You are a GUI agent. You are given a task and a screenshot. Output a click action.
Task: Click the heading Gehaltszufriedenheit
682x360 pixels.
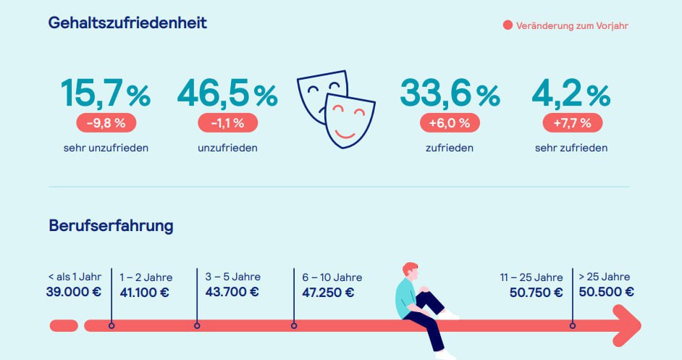(x=127, y=23)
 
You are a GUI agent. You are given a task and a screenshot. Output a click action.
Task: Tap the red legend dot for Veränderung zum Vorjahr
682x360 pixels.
(x=508, y=26)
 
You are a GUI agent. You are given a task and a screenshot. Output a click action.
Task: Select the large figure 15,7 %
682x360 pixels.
(x=106, y=93)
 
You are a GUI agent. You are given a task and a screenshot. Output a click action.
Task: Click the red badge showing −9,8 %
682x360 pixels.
(x=106, y=123)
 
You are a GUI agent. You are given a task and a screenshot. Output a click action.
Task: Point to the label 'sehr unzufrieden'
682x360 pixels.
(x=106, y=148)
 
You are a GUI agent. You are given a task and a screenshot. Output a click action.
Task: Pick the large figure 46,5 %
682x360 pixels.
(x=227, y=93)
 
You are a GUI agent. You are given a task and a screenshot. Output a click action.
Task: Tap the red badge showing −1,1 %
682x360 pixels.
(x=227, y=123)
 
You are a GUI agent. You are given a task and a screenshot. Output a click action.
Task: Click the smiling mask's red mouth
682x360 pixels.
(x=345, y=133)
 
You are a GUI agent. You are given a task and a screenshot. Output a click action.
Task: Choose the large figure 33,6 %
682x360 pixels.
(x=450, y=93)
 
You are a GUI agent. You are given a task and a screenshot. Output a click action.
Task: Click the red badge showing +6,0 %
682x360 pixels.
(x=450, y=123)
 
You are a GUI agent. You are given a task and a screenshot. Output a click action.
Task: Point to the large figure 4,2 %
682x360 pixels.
(x=571, y=93)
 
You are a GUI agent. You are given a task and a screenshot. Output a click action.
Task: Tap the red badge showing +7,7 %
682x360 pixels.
(x=572, y=123)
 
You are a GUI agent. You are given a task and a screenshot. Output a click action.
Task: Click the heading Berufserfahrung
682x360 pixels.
(x=111, y=225)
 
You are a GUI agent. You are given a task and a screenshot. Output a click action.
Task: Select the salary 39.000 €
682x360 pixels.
(x=73, y=293)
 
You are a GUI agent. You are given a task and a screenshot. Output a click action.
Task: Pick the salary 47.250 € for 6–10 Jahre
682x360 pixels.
(x=328, y=293)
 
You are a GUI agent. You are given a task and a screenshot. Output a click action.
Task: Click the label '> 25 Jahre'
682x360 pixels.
(x=605, y=277)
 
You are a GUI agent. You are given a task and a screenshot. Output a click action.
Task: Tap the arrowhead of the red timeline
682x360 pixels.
(x=627, y=325)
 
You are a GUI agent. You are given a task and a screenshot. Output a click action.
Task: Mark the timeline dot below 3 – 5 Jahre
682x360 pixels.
(x=197, y=326)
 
